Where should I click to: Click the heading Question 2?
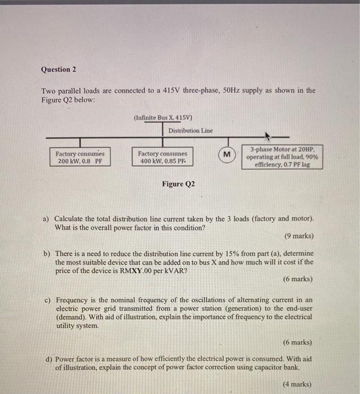(x=58, y=70)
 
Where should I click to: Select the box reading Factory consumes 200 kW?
(x=80, y=157)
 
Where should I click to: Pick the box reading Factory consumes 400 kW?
(x=162, y=157)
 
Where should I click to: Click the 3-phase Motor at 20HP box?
(x=282, y=158)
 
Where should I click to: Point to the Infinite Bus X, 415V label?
(x=163, y=118)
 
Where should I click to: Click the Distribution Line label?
(x=191, y=131)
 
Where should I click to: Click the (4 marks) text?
(x=296, y=384)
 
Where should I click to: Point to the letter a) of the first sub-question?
(x=47, y=218)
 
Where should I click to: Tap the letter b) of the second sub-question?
(x=47, y=254)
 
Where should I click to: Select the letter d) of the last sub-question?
(x=48, y=359)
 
